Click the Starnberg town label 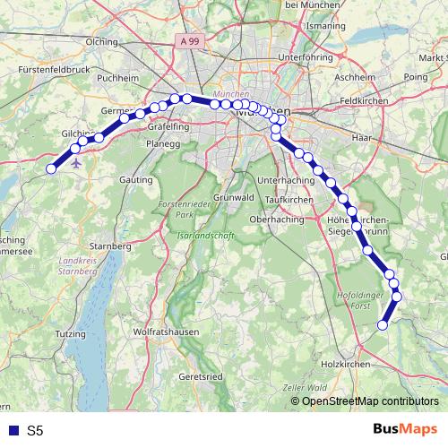pyautogui.click(x=111, y=245)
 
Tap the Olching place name pyautogui.click(x=101, y=41)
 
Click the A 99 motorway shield pyautogui.click(x=189, y=41)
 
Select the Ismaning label pyautogui.click(x=324, y=28)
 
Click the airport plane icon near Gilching pyautogui.click(x=74, y=165)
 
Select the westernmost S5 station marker pyautogui.click(x=51, y=168)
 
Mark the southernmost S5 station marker pyautogui.click(x=383, y=325)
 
